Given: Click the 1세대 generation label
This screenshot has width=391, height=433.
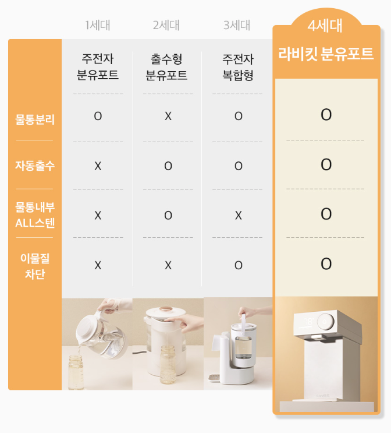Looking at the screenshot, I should click(x=98, y=25).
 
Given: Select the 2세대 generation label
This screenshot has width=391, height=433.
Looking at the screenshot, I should click(x=166, y=25).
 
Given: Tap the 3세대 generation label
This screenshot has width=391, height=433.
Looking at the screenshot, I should click(x=237, y=25).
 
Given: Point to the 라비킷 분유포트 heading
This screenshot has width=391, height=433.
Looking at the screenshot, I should click(x=326, y=55).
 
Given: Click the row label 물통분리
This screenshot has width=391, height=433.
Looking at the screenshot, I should click(x=35, y=119).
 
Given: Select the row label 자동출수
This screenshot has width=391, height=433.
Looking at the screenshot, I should click(x=35, y=166).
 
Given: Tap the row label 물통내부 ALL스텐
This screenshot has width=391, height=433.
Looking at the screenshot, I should click(x=35, y=214).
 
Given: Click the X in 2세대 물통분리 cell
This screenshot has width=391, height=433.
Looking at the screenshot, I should click(x=168, y=116).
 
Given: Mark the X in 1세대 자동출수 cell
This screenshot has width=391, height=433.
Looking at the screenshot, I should click(x=98, y=166).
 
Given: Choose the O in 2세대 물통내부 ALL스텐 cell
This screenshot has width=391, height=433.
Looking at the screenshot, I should click(x=168, y=216).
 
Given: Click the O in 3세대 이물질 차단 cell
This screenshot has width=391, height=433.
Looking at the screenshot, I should click(x=238, y=265).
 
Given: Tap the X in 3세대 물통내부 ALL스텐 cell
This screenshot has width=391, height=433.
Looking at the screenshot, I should click(x=238, y=216).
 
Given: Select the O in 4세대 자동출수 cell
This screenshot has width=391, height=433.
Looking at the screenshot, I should click(x=326, y=164).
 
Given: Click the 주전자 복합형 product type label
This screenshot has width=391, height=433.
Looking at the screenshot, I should click(x=237, y=67).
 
